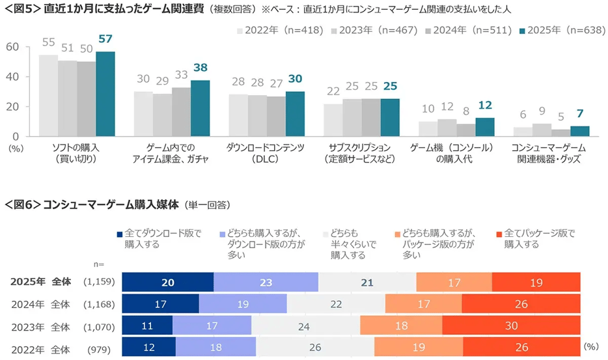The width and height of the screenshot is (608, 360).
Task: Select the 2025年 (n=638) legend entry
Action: (559, 30)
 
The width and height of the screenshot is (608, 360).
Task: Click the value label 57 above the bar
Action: (105, 40)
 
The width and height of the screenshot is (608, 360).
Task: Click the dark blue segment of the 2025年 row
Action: (168, 282)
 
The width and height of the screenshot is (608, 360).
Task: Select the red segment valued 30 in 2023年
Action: (511, 325)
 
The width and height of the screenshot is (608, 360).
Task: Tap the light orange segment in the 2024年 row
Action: (423, 304)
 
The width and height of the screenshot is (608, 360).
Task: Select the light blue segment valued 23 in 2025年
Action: (266, 282)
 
